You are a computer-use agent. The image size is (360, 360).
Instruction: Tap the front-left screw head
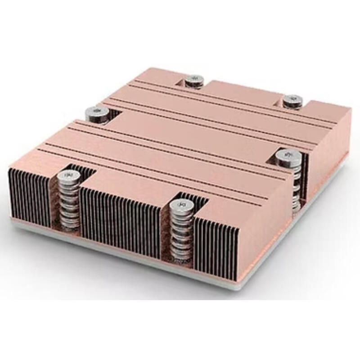click(x=69, y=175)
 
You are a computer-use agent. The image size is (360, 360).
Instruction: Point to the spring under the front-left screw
click(x=69, y=202)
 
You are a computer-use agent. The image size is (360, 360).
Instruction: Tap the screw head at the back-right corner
click(x=292, y=100)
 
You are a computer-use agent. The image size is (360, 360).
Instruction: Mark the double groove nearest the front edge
click(x=148, y=173)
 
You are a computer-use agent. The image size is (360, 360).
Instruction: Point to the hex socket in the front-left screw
click(x=69, y=175)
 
